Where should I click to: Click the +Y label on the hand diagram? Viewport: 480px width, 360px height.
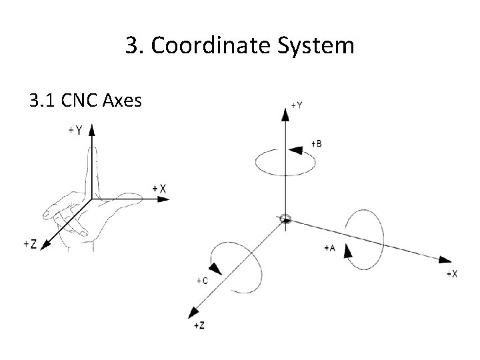75,131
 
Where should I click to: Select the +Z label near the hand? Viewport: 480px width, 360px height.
29,244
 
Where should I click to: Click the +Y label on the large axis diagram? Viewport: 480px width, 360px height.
297,105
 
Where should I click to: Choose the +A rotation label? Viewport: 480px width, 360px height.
329,247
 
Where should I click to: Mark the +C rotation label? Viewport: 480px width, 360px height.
202,281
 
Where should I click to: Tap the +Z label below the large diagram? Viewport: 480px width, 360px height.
199,325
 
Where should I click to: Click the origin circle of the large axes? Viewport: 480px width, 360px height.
285,219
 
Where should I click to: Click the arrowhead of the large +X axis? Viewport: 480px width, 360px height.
442,258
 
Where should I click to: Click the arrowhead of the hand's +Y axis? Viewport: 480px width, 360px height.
91,128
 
